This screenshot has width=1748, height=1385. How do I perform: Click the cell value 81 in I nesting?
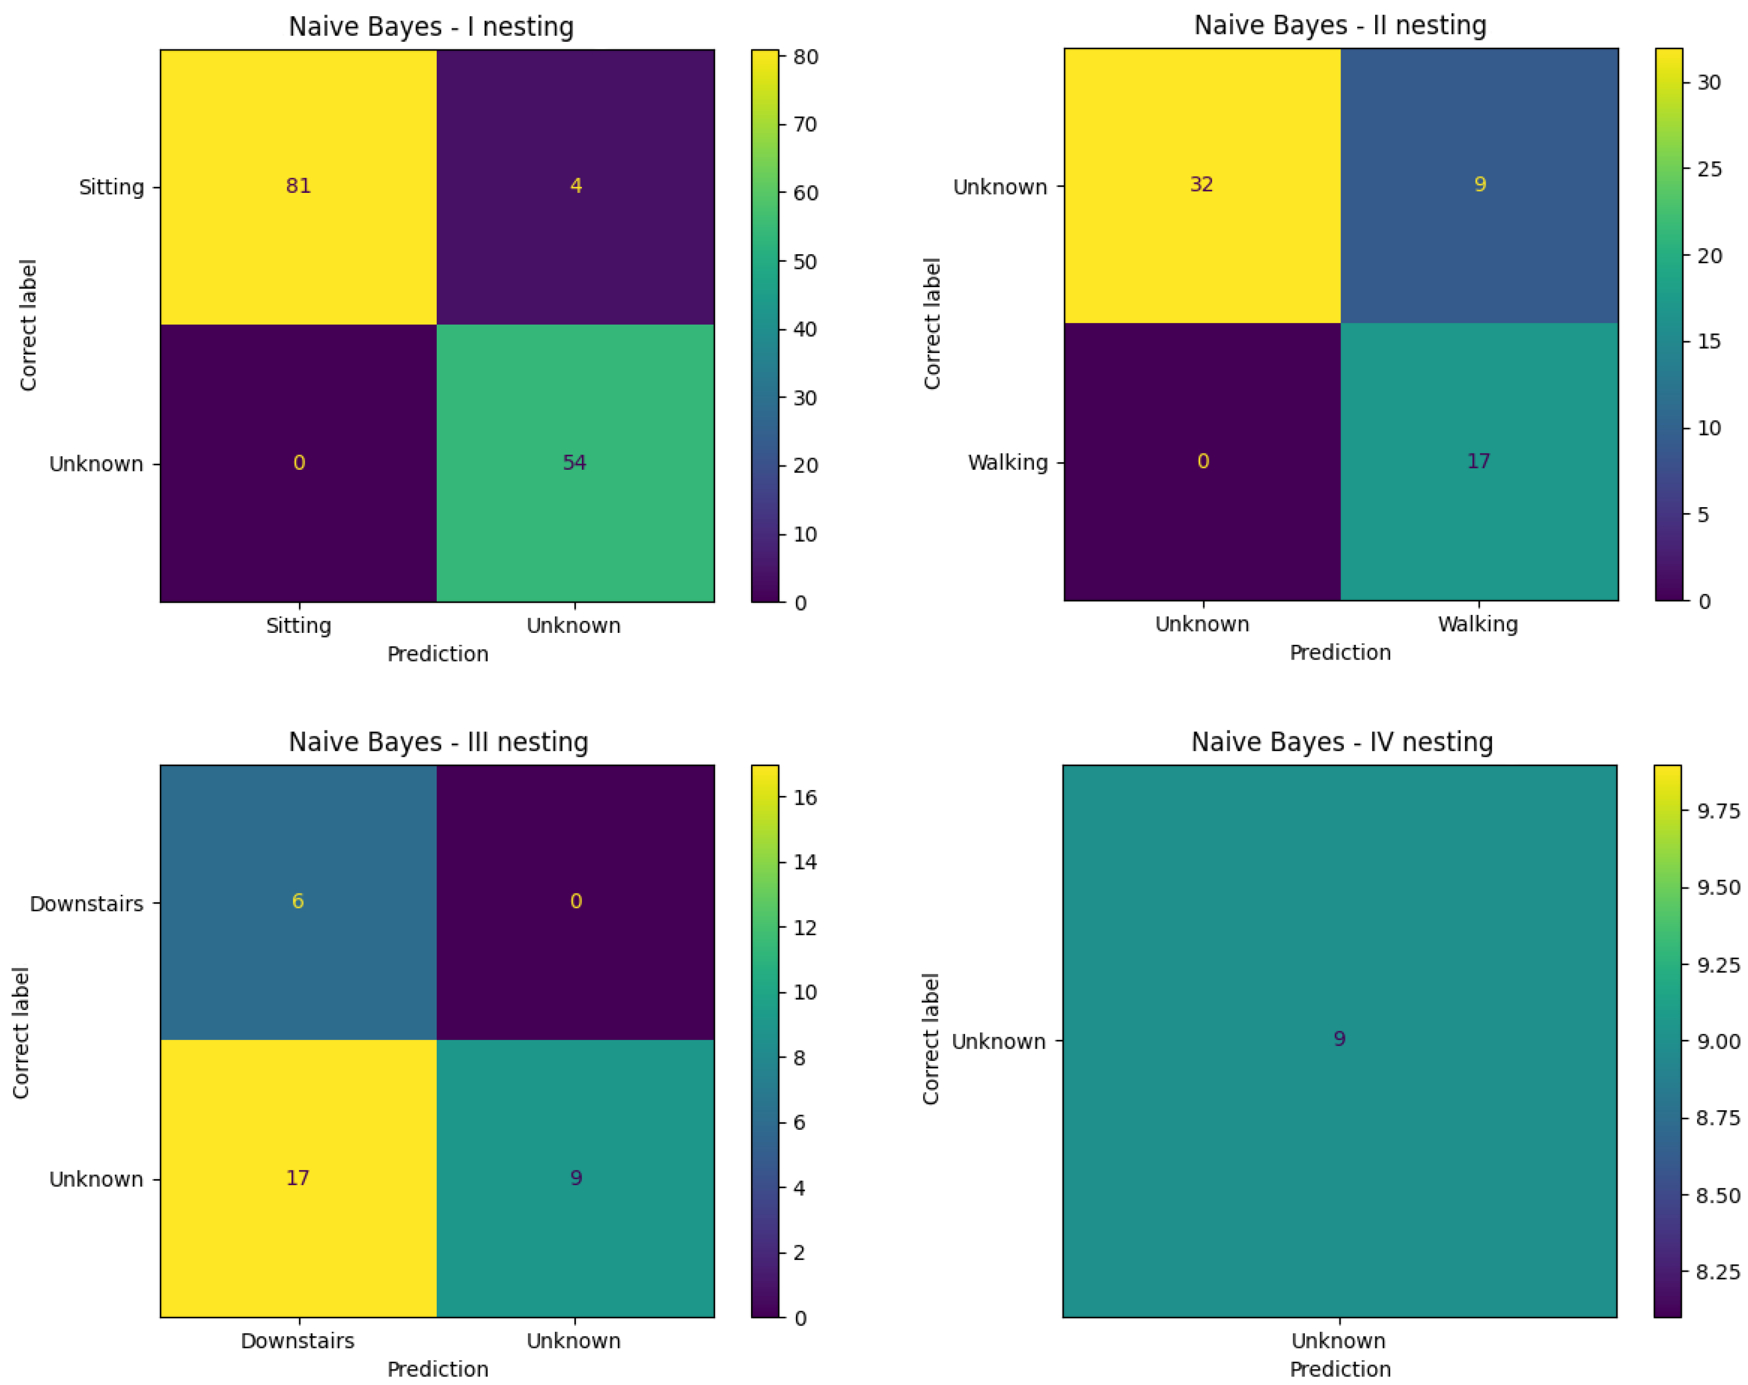pyautogui.click(x=299, y=186)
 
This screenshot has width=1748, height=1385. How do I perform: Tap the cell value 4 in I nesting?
pyautogui.click(x=575, y=186)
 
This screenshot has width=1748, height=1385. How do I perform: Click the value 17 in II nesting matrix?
pyautogui.click(x=1478, y=462)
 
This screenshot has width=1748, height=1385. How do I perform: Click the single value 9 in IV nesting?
pyautogui.click(x=1339, y=1039)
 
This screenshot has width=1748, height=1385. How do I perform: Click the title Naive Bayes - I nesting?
pyautogui.click(x=431, y=27)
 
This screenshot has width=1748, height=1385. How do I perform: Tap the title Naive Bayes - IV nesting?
pyautogui.click(x=1342, y=742)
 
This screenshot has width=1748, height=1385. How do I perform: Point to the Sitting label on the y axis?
pyautogui.click(x=111, y=187)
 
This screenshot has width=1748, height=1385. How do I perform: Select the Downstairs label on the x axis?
pyautogui.click(x=297, y=1341)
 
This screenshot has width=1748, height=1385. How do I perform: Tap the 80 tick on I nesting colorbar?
pyautogui.click(x=805, y=57)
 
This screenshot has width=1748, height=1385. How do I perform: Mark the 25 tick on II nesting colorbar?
pyautogui.click(x=1709, y=169)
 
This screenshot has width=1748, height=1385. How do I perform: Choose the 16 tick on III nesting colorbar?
pyautogui.click(x=805, y=797)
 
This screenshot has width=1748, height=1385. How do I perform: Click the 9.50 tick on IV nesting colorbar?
pyautogui.click(x=1718, y=887)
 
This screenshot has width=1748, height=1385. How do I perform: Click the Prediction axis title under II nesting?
pyautogui.click(x=1339, y=653)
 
